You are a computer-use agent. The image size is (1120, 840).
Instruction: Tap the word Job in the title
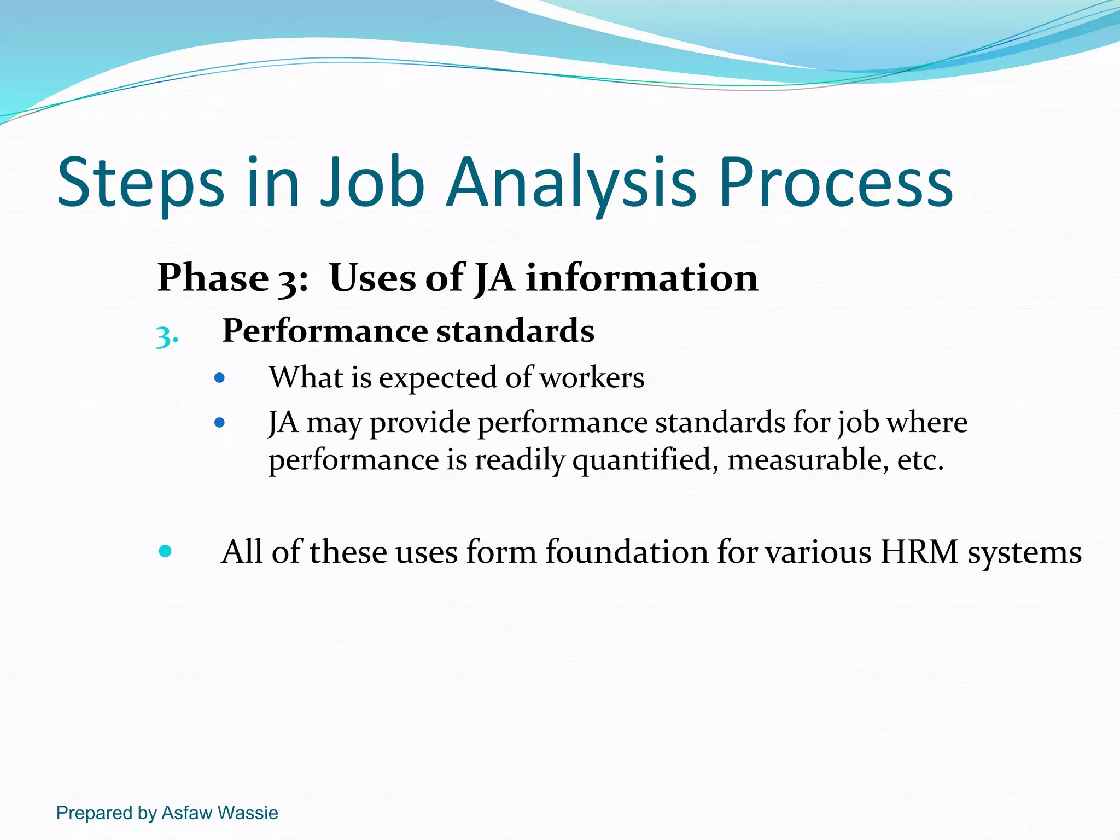[372, 183]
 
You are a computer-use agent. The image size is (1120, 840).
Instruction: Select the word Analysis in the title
[571, 183]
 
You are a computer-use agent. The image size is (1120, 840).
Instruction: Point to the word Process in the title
[836, 183]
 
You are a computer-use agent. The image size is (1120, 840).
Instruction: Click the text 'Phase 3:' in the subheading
[232, 278]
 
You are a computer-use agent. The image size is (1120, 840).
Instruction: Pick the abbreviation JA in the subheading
[494, 278]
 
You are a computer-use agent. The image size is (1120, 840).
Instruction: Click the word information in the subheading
[642, 278]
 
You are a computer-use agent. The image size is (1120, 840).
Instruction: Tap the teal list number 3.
[166, 336]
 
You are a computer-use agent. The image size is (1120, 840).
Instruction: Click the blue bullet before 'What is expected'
[220, 378]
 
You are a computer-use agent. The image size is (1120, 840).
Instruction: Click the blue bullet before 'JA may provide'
[220, 423]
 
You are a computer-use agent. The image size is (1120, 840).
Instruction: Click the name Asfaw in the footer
[186, 813]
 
